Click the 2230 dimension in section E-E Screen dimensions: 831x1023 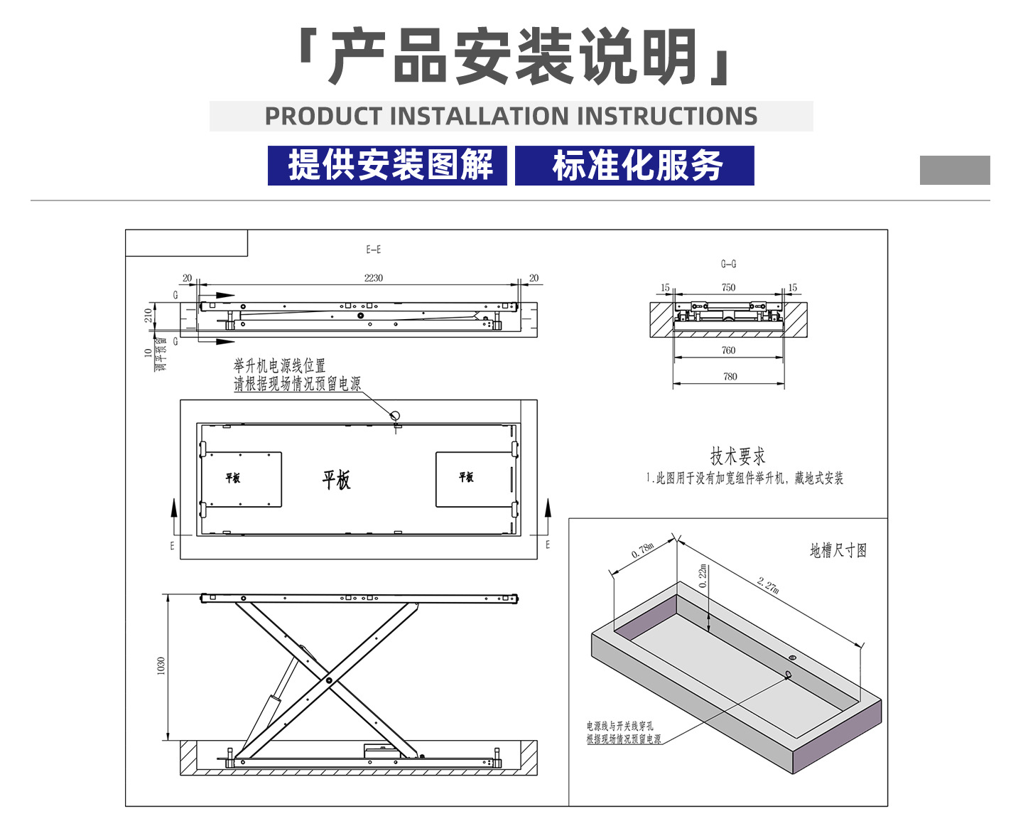coord(373,278)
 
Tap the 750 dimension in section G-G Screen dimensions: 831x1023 coord(728,287)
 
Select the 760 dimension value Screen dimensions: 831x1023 coord(728,350)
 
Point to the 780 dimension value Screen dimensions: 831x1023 coord(730,376)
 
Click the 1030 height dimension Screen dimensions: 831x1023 coord(161,666)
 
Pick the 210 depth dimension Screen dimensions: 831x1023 coord(148,315)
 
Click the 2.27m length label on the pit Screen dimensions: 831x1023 coord(768,585)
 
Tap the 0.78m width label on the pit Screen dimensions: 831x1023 coord(642,549)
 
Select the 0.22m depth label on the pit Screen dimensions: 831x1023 coord(703,576)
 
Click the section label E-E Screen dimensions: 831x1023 coord(374,250)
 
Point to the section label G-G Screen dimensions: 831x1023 coord(728,264)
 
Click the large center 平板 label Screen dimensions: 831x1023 coord(336,480)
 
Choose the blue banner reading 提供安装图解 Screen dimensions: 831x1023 coord(388,166)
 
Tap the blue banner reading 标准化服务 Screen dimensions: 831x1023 coord(634,166)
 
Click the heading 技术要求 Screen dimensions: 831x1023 coord(737,456)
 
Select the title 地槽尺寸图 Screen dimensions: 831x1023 coord(838,550)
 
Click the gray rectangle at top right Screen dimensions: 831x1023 coord(954,170)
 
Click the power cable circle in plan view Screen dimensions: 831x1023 coord(396,415)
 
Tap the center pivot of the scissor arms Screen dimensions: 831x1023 coord(328,680)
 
